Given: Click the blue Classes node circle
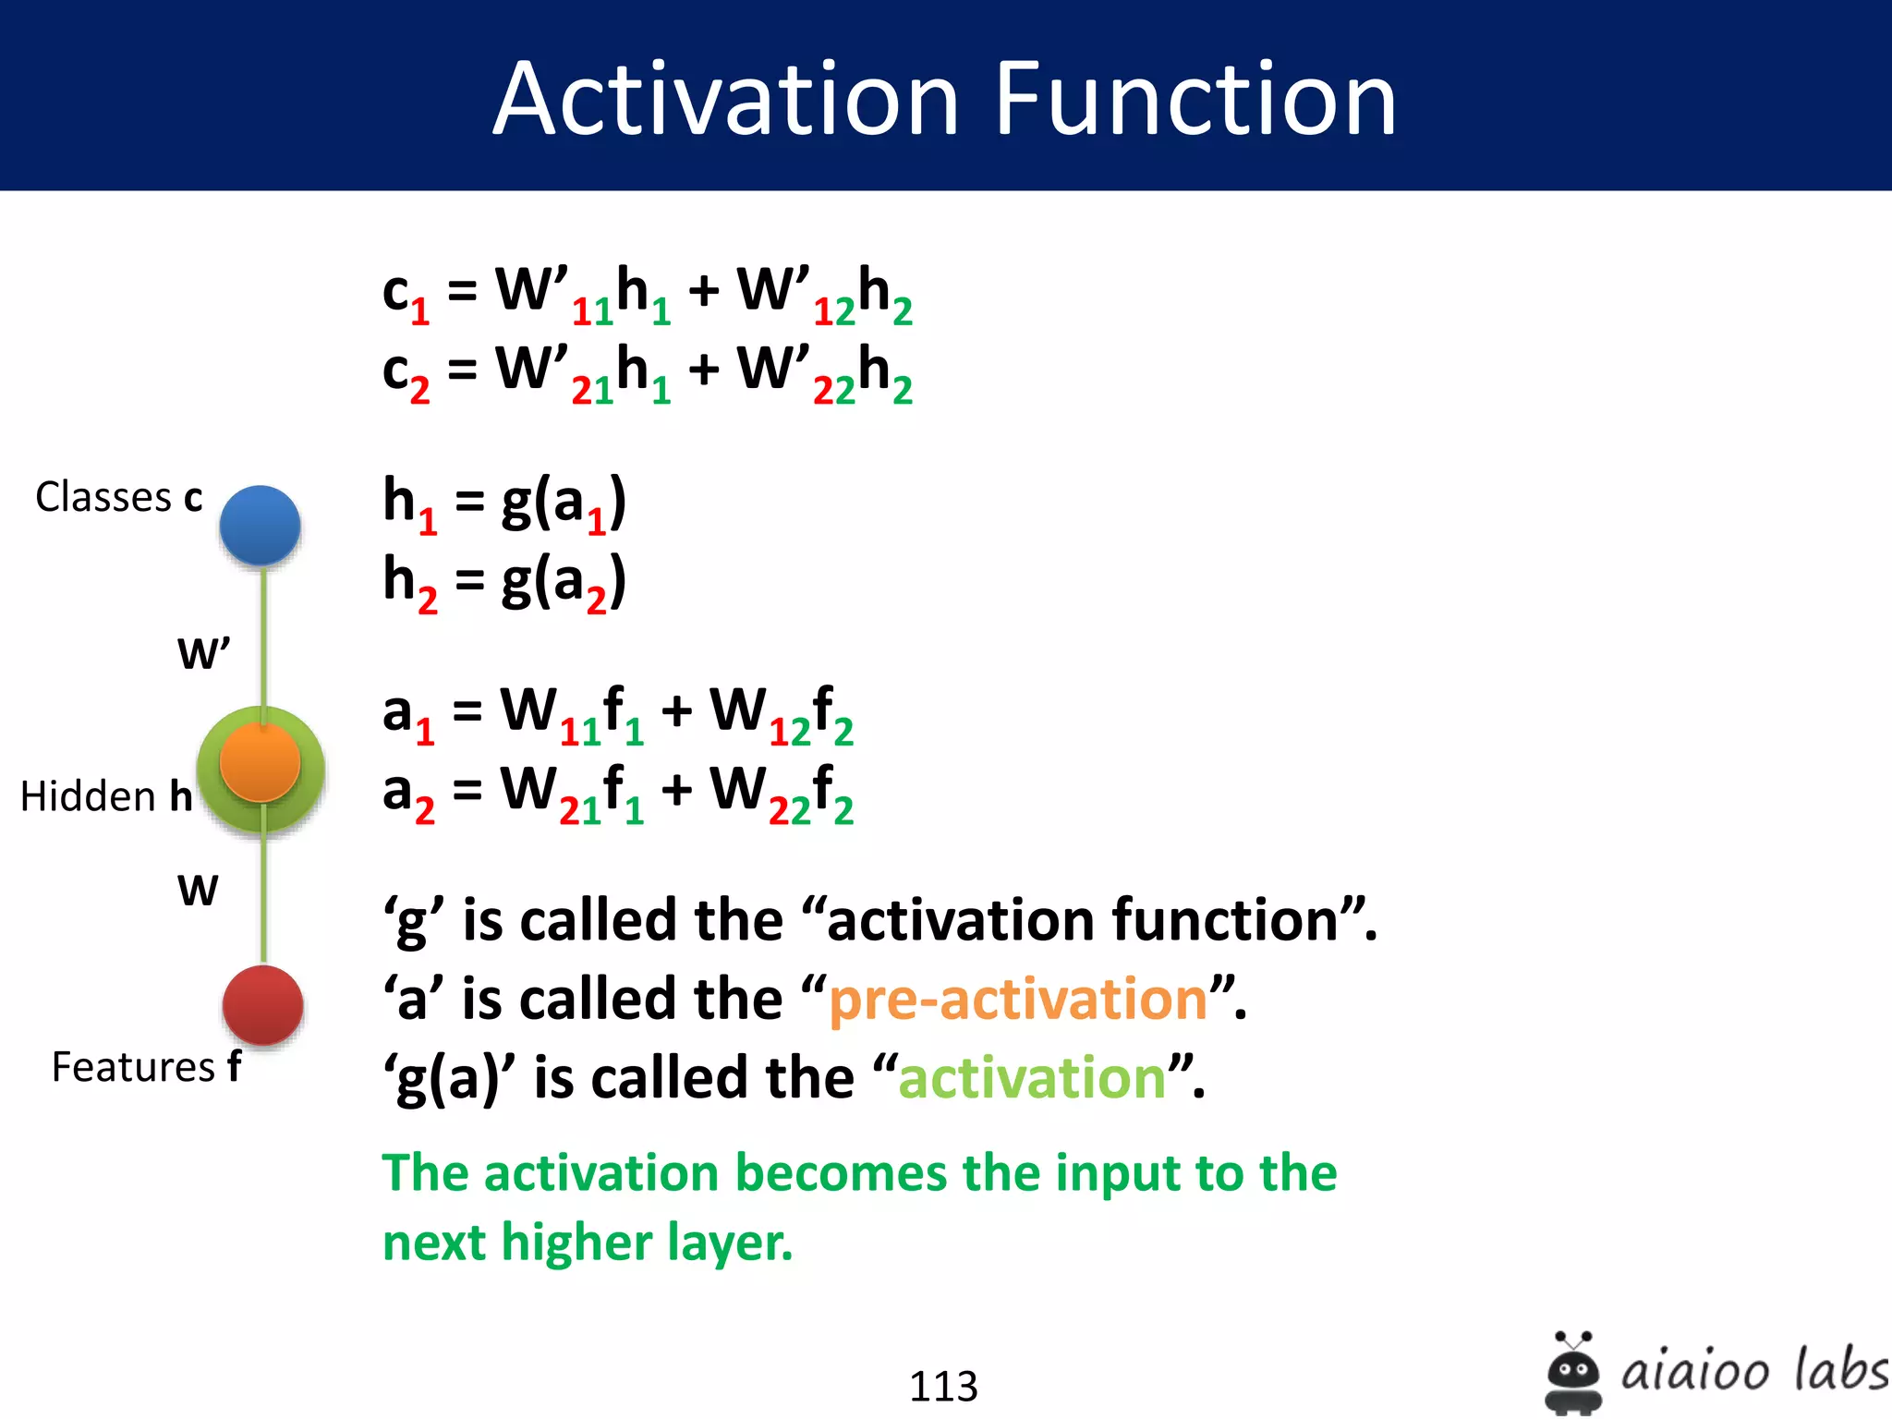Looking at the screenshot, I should pos(261,525).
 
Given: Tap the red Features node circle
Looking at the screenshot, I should pos(263,1005).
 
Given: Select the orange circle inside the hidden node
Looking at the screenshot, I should pos(261,763).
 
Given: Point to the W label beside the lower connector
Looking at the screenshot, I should pos(198,891).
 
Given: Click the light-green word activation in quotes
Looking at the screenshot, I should pos(1032,1078).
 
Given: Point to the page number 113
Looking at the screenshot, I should pos(943,1386).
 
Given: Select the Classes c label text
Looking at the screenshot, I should pos(118,497).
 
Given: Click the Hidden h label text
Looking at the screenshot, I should pos(106,796).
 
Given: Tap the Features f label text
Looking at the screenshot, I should pos(146,1067).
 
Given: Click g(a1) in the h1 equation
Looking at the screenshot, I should pos(564,504).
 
